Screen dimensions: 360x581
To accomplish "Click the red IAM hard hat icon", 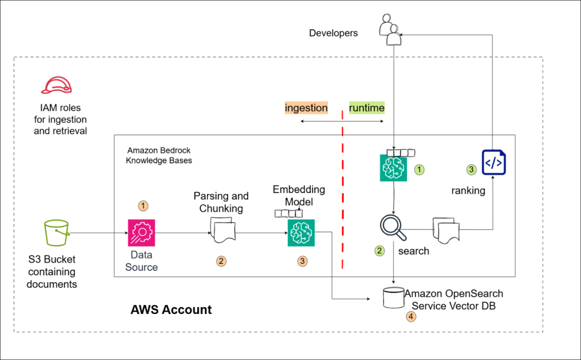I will pyautogui.click(x=57, y=85).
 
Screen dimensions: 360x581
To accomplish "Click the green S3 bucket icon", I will pyautogui.click(x=57, y=233).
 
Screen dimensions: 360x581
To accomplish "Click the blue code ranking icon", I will pyautogui.click(x=494, y=162).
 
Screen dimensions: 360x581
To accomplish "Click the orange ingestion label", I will pyautogui.click(x=306, y=108).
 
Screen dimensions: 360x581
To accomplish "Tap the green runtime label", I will pyautogui.click(x=367, y=108).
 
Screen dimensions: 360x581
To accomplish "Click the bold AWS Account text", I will pyautogui.click(x=171, y=310).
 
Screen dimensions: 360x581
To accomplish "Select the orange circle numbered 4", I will pyautogui.click(x=411, y=316).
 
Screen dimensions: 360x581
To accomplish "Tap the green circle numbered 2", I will pyautogui.click(x=380, y=250).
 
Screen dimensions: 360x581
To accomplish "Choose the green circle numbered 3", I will pyautogui.click(x=471, y=169).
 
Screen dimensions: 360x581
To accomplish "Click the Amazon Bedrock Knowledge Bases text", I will pyautogui.click(x=159, y=156).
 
